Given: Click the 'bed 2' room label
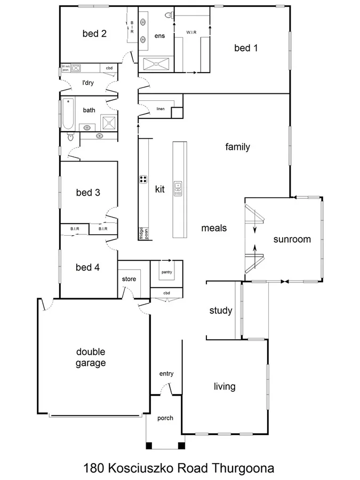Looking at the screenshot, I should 94,34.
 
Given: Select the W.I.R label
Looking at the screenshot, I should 192,33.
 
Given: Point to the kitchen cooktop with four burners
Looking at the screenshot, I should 143,179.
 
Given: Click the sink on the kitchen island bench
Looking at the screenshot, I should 178,189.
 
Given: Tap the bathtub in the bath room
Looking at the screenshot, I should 67,114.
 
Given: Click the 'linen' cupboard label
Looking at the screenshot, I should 160,109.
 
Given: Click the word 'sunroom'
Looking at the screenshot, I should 292,239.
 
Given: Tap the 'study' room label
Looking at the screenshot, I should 221,311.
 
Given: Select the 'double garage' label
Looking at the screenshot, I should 91,357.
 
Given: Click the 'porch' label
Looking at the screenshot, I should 165,418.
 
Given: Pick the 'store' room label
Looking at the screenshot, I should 129,279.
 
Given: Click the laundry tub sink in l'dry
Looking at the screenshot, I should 76,68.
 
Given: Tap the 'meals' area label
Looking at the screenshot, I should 214,228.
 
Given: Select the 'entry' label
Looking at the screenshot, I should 166,374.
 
